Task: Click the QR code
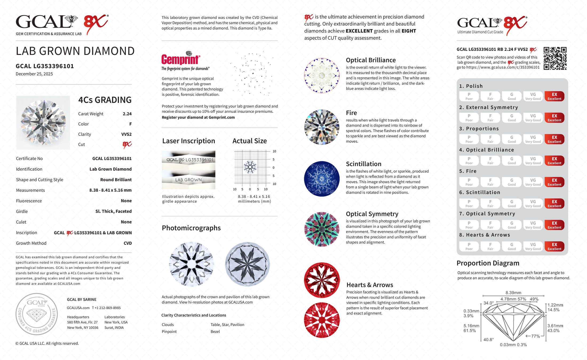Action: (555, 58)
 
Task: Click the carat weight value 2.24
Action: (127, 114)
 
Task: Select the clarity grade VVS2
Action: (126, 134)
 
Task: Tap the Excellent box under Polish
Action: (554, 96)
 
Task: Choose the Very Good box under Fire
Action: (533, 182)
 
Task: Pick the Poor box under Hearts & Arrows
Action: (469, 246)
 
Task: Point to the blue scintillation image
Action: (322, 179)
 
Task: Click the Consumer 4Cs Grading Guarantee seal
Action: (37, 314)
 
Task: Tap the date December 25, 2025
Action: (34, 74)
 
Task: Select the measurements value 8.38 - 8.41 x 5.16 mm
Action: (110, 190)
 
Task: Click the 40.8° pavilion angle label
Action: (489, 340)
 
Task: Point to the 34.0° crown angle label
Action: (489, 303)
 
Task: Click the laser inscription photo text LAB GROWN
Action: (188, 180)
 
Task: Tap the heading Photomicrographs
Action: (191, 228)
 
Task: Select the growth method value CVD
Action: (128, 243)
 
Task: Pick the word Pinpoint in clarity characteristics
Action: (169, 332)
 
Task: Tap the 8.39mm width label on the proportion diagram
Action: (513, 293)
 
